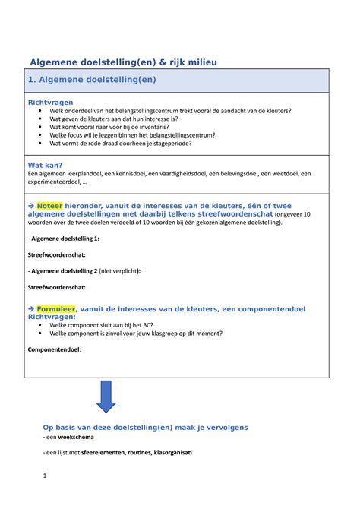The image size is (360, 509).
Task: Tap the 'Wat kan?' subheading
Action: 45,165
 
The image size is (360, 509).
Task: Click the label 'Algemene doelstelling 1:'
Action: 64,238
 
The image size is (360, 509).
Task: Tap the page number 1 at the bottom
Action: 45,476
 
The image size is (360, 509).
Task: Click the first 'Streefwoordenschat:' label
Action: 57,254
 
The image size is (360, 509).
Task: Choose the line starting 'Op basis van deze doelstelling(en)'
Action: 145,428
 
